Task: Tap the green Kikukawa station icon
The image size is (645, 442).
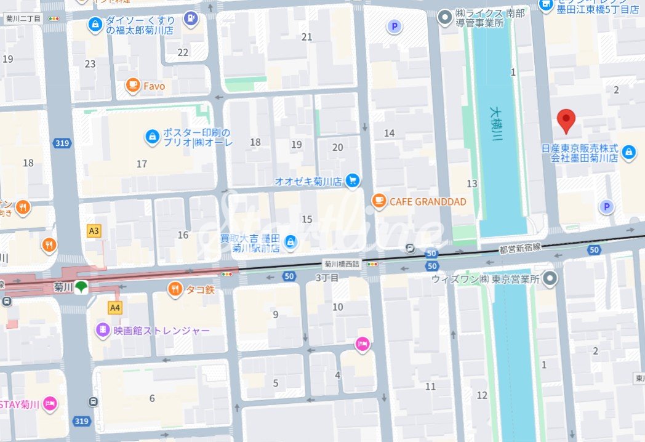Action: (x=81, y=287)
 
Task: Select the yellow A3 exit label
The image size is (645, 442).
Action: (x=94, y=231)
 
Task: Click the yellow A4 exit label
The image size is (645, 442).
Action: (x=114, y=307)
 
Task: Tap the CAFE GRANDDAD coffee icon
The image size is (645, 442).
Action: (x=379, y=201)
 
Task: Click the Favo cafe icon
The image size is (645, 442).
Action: (x=132, y=86)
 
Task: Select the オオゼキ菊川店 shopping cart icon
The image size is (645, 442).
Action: (x=352, y=180)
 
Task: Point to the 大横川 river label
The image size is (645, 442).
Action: (x=496, y=125)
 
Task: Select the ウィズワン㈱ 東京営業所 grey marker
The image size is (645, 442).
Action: (x=551, y=278)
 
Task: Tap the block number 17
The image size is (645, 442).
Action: (x=142, y=164)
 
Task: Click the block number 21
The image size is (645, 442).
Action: (x=307, y=37)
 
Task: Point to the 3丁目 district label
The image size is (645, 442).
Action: (x=327, y=278)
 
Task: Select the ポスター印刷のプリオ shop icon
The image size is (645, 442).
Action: (x=151, y=137)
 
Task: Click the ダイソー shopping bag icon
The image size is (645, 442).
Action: (x=94, y=24)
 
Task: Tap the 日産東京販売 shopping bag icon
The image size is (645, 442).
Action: (x=628, y=151)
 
